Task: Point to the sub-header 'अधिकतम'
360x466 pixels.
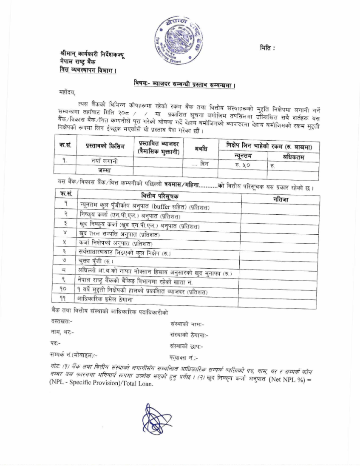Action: [292, 157]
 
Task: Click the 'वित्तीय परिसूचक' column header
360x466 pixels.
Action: [160, 196]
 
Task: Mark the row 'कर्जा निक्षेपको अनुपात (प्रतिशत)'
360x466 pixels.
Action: [115, 243]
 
